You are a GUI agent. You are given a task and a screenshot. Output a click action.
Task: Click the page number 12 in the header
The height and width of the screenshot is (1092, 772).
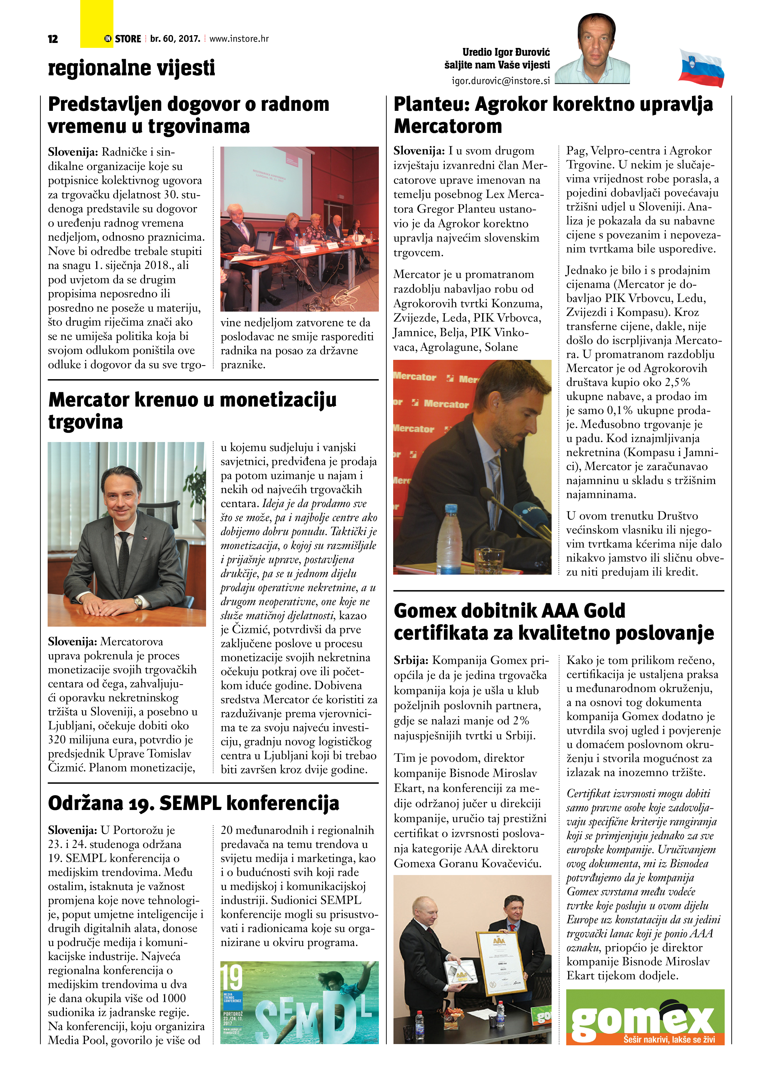tap(53, 39)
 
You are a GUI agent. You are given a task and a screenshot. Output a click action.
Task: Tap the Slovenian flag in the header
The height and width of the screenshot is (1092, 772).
tap(701, 68)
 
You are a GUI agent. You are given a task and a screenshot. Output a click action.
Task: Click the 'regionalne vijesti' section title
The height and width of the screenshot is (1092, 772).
tap(131, 68)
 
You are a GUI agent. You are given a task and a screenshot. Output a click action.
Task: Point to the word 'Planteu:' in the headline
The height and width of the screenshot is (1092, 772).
tap(431, 104)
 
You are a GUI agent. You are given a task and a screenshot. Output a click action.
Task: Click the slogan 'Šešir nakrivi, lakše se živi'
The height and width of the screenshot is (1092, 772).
tap(669, 1039)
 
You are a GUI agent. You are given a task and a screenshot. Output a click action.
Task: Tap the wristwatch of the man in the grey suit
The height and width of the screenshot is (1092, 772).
tap(138, 603)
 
